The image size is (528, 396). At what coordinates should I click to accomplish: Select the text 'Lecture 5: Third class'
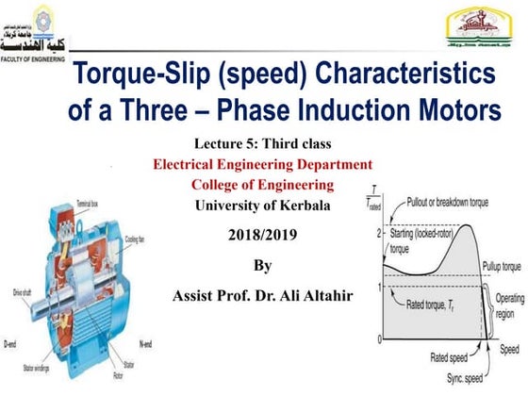pyautogui.click(x=264, y=144)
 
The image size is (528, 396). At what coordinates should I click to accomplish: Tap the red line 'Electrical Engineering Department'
pyautogui.click(x=263, y=164)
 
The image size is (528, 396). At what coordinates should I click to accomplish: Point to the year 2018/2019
pyautogui.click(x=263, y=229)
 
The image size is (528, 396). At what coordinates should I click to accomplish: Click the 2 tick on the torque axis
pyautogui.click(x=378, y=233)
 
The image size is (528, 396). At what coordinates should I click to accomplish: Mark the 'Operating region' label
pyautogui.click(x=508, y=303)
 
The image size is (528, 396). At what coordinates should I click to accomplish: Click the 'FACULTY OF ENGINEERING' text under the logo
pyautogui.click(x=36, y=58)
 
